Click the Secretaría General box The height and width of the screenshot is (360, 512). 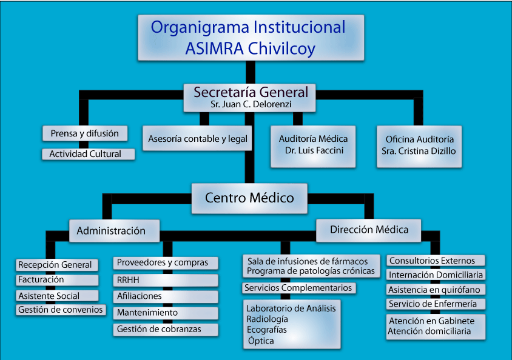coord(249,98)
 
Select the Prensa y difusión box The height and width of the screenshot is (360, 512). coord(85,133)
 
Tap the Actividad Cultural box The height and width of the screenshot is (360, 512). coord(88,154)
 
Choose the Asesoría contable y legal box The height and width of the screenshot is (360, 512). coord(197,138)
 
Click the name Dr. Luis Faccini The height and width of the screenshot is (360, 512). coord(314,150)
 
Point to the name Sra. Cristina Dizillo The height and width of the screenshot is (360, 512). coord(419,151)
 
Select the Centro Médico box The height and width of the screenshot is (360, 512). coord(249,198)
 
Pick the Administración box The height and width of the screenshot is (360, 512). coord(114,231)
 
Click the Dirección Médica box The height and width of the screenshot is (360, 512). coord(369,230)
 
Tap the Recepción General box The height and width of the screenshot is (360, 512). coord(57,265)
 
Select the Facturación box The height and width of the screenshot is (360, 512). coord(57,280)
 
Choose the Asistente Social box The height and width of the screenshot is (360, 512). coord(57,296)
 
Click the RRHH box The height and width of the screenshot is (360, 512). coord(166,280)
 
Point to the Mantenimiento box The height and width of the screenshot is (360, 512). coord(166,313)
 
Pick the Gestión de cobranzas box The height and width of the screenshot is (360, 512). coord(166,330)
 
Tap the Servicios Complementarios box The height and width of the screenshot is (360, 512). coord(299,288)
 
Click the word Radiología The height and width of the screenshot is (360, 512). coord(267,319)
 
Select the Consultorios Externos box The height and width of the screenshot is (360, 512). coord(436,261)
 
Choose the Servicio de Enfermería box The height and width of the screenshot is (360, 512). coord(436,304)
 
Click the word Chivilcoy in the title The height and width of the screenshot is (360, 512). coord(281,49)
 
